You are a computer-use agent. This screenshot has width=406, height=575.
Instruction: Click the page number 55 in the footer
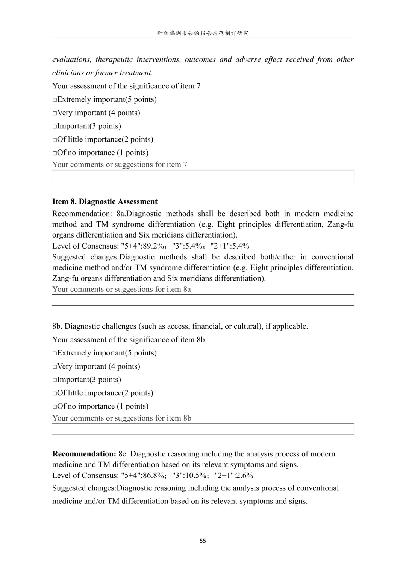[x=203, y=541]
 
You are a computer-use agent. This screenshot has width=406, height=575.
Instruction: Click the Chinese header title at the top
[x=203, y=33]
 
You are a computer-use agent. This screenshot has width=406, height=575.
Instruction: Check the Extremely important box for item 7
[x=55, y=100]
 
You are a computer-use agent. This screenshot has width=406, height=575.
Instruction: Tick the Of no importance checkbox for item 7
[x=55, y=153]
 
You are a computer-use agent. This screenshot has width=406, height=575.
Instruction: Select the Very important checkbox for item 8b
[x=55, y=367]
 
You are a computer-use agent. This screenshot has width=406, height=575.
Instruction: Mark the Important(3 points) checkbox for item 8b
[x=55, y=380]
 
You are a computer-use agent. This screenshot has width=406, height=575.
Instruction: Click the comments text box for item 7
[x=203, y=175]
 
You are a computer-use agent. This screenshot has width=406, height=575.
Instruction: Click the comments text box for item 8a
[x=203, y=300]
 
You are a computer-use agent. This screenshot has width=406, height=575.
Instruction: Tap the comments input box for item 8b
[x=203, y=429]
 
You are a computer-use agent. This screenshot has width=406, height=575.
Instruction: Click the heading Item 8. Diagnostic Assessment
[x=105, y=201]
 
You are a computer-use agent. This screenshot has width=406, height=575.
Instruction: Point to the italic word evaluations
[x=71, y=59]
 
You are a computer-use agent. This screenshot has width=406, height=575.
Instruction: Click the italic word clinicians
[x=68, y=73]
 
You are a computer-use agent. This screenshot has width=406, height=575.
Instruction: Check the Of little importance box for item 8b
[x=55, y=394]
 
